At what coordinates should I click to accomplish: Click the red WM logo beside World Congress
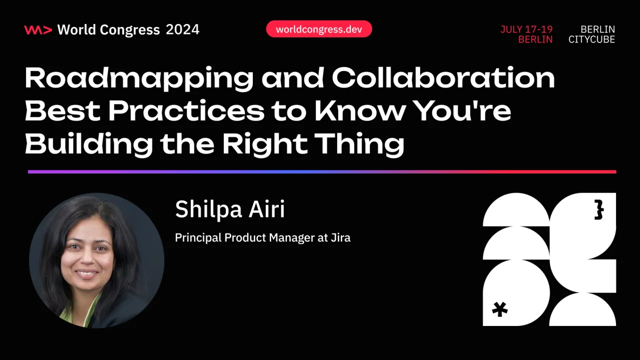click(38, 30)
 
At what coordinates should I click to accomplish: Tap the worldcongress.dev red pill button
click(319, 29)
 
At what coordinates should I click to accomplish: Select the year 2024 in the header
click(182, 30)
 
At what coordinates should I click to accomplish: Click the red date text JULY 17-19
click(527, 29)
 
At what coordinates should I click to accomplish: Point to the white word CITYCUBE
click(592, 40)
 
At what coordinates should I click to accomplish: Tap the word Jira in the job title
click(340, 238)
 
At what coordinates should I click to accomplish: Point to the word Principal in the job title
click(198, 238)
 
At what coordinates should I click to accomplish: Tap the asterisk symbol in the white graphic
click(500, 309)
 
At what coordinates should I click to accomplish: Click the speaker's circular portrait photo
click(96, 260)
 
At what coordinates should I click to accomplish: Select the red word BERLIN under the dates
click(535, 40)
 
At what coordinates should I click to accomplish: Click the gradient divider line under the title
click(322, 171)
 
